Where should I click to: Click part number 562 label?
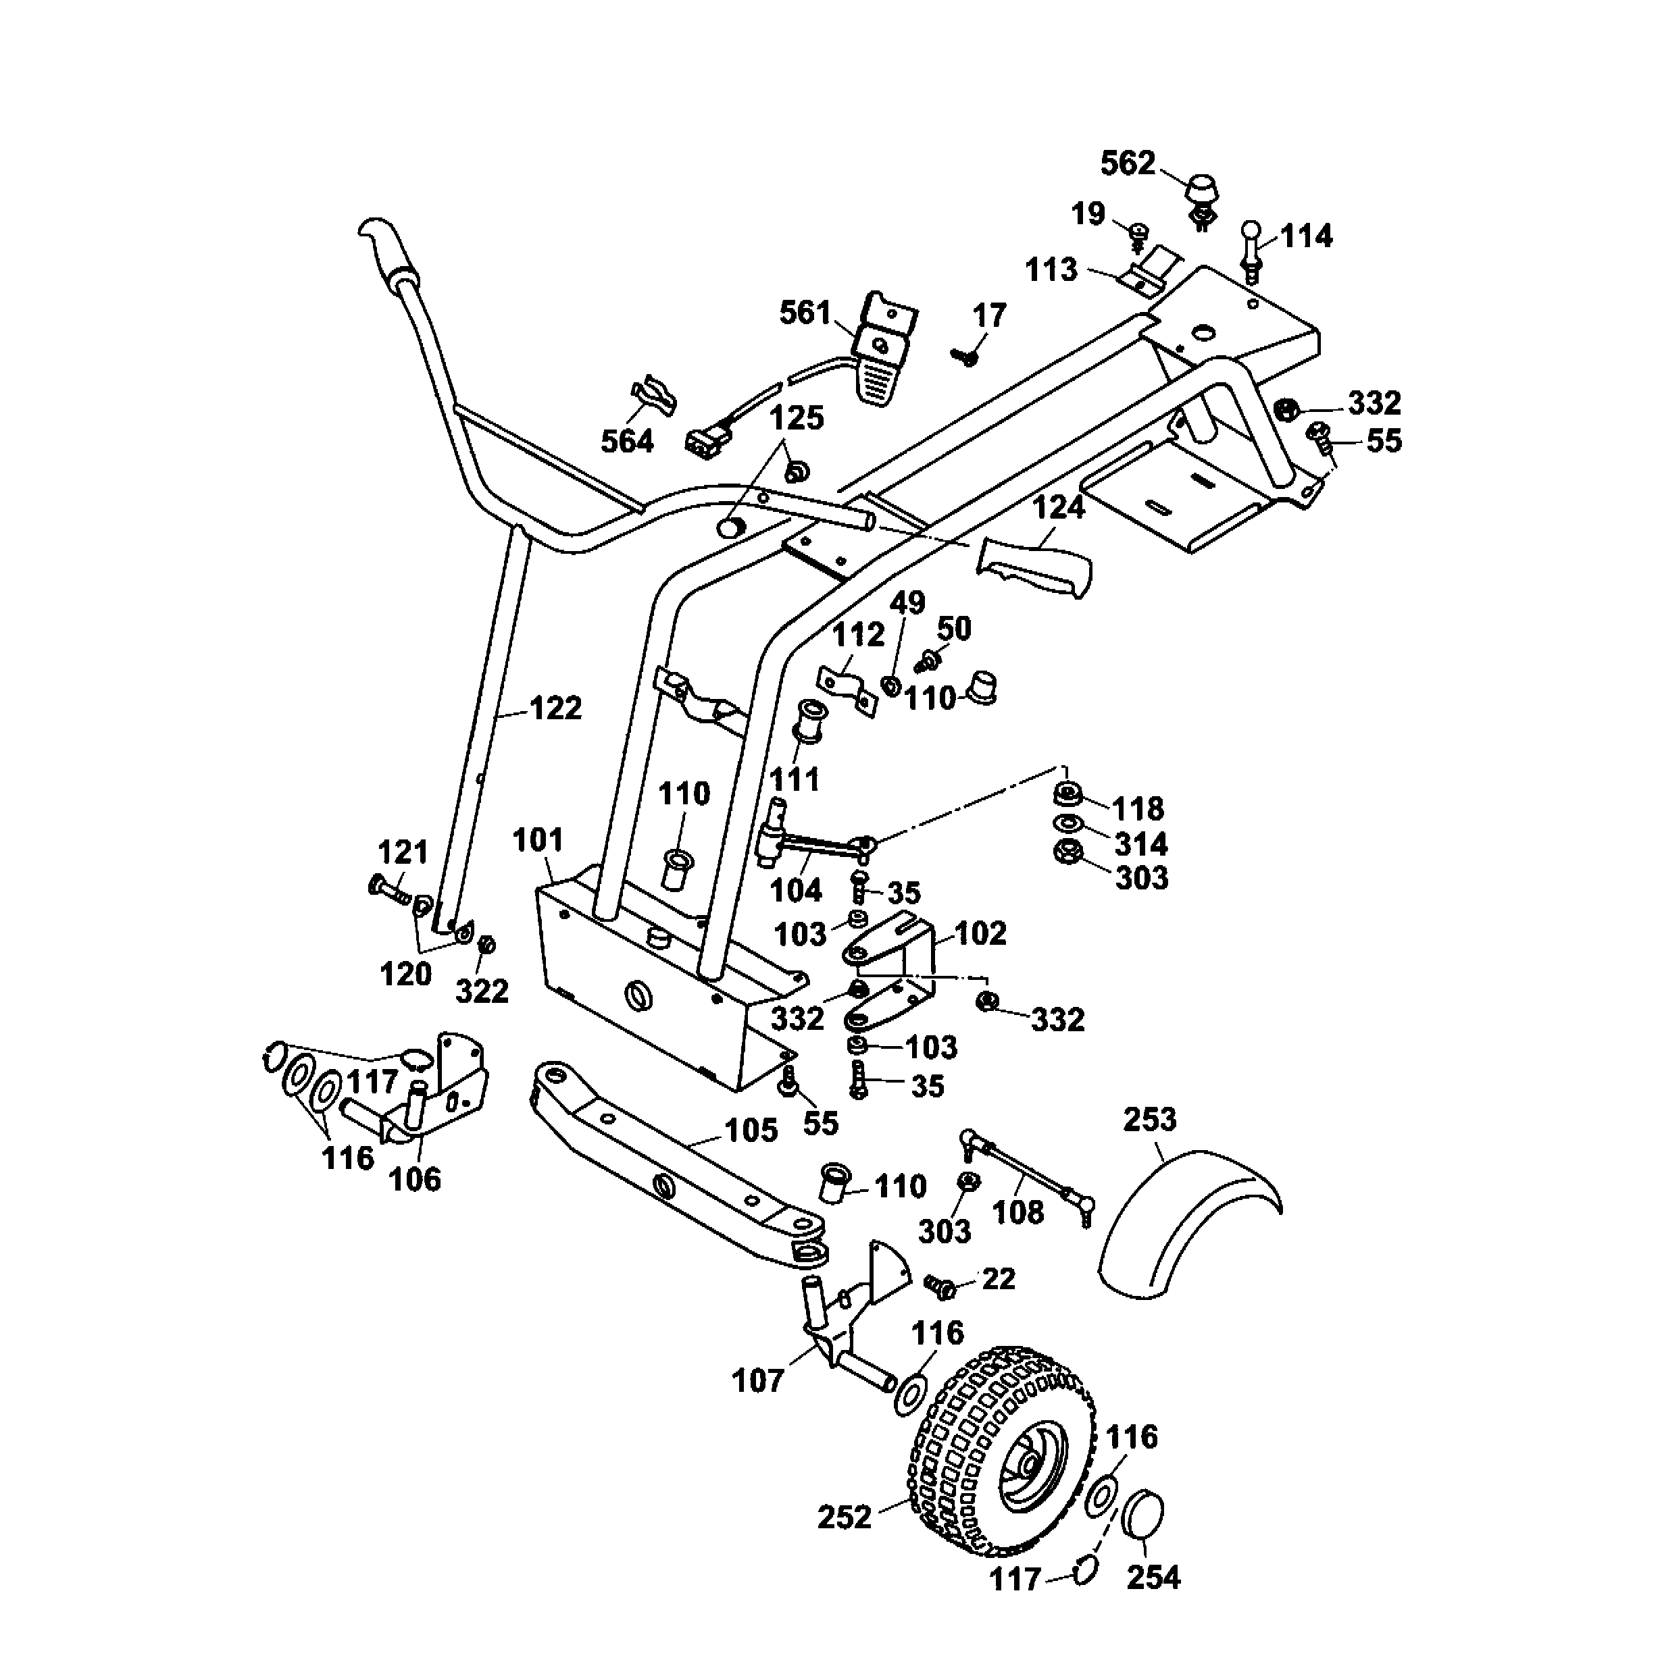1128,163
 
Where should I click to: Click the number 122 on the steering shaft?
555,709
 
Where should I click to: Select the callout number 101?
538,839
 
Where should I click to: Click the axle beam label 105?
751,1131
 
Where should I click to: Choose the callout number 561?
805,313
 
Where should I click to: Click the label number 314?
1140,844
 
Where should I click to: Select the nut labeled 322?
486,944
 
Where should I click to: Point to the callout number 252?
845,1517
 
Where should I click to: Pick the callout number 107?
757,1380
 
